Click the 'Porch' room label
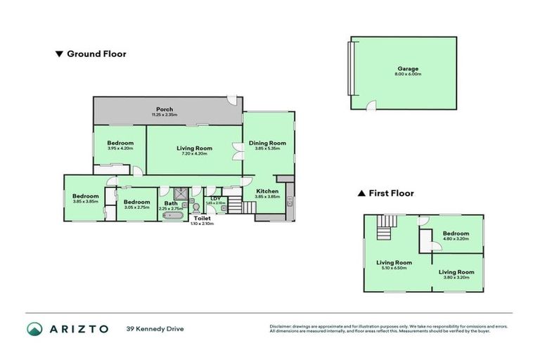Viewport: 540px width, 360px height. click(165, 109)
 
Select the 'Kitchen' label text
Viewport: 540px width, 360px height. click(268, 191)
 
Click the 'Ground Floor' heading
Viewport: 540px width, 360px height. click(96, 53)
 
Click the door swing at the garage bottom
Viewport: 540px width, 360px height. click(372, 105)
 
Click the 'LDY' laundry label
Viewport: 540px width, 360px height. click(214, 198)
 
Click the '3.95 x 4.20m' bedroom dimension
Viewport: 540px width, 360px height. click(121, 148)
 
